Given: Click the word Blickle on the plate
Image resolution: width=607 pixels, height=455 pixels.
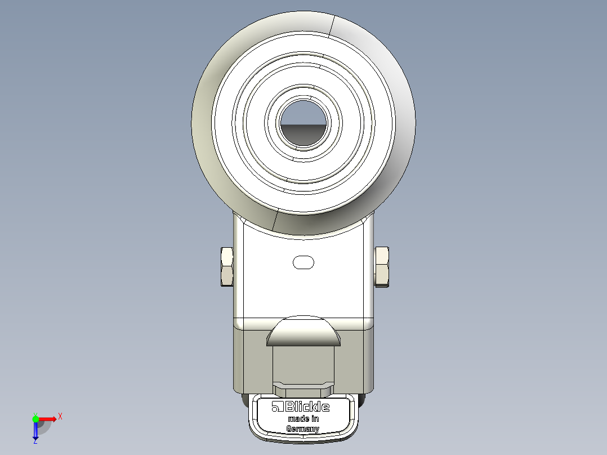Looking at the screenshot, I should (307, 407).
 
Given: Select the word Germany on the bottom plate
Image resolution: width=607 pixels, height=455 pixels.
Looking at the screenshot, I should (303, 429).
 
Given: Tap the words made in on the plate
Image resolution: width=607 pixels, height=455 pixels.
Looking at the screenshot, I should (303, 419).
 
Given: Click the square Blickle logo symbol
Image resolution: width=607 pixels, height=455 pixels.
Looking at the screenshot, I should (276, 407).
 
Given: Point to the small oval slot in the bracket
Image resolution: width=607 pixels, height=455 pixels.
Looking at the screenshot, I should (303, 262).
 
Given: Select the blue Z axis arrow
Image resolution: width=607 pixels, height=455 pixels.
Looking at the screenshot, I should (35, 431).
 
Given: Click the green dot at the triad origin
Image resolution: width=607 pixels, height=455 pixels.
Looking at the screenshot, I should (35, 418).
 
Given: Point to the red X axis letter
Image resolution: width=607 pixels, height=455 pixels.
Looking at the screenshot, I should (60, 416).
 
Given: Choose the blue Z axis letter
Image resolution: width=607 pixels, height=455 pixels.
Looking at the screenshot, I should (35, 442).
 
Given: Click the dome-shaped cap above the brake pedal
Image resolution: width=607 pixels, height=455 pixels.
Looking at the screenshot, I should (303, 332).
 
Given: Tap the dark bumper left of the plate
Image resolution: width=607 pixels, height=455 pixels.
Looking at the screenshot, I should (246, 401).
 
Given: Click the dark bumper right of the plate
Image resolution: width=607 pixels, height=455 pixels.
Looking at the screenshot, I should (361, 401).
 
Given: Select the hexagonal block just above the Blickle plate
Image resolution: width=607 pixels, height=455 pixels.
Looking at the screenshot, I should (303, 389).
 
